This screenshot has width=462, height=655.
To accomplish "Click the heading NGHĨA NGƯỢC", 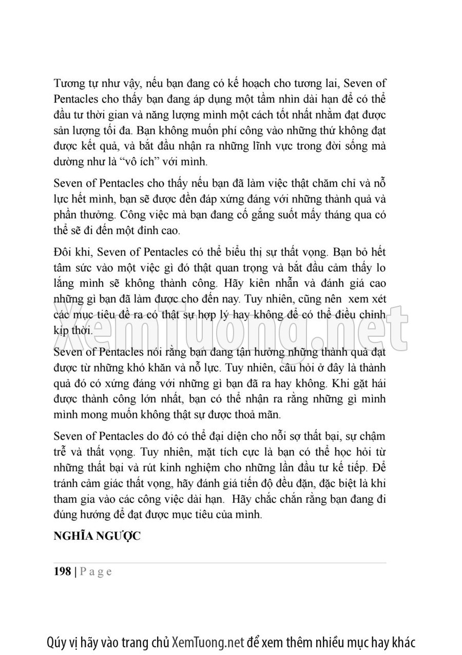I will tap(97, 536).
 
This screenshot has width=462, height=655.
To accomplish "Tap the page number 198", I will tap(62, 572).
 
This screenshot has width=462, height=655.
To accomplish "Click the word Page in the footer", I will tap(96, 572).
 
